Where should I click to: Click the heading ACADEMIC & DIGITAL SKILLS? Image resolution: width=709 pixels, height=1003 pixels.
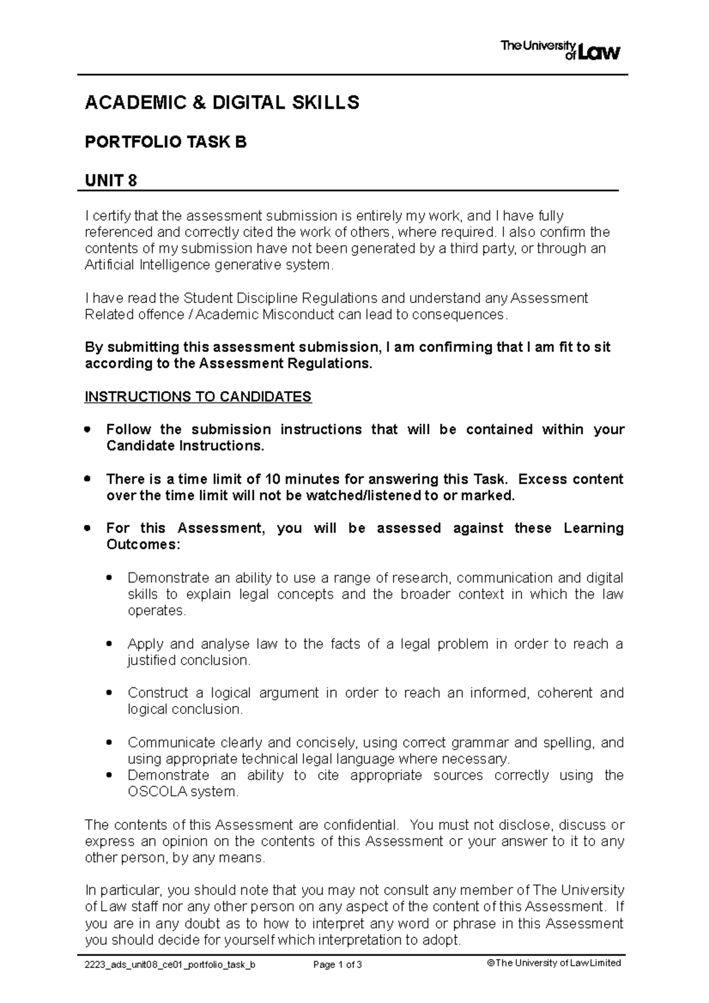(222, 103)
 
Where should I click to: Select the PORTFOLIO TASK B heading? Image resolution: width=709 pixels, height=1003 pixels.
(165, 142)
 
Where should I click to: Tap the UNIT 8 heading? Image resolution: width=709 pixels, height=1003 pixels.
(111, 180)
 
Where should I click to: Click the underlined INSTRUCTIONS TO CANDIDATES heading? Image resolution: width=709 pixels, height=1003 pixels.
(198, 396)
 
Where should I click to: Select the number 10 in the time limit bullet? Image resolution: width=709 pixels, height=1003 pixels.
(273, 479)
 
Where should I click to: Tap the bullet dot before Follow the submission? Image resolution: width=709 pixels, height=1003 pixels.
(88, 429)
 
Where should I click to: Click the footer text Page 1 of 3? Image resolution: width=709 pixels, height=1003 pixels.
(337, 965)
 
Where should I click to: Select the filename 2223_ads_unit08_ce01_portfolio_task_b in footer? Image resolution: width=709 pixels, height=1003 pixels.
(170, 965)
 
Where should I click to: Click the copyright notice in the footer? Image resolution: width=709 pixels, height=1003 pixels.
(554, 963)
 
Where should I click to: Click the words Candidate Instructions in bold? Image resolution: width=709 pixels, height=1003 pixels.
(183, 446)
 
